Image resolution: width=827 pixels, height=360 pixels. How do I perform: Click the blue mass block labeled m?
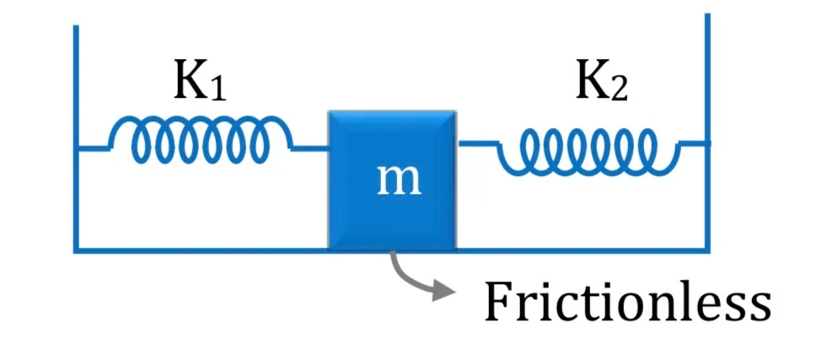(392, 180)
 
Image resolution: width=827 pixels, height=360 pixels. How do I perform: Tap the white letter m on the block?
(400, 180)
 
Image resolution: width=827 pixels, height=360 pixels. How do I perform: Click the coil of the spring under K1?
(200, 139)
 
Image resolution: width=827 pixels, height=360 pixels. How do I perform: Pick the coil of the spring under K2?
(588, 152)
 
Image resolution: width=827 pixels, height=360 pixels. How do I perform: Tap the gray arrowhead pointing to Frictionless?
(443, 290)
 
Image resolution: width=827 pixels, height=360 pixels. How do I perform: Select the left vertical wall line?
(77, 138)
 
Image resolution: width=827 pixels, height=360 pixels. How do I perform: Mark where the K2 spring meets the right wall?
(706, 142)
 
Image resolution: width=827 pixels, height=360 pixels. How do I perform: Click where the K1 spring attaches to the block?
(328, 149)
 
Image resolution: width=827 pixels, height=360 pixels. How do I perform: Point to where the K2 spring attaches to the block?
(458, 142)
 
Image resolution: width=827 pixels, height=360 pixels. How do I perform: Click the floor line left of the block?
(201, 250)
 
